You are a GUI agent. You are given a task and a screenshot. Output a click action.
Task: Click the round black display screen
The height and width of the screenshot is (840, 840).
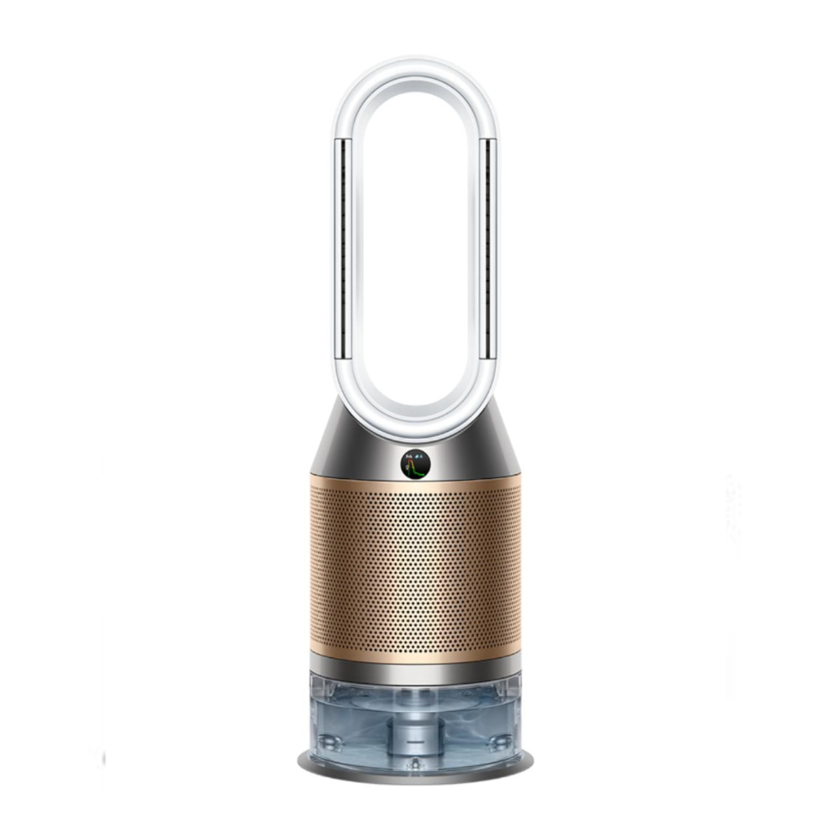coord(415,463)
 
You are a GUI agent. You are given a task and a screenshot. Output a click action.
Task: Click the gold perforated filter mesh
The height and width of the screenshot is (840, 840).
coord(415,567)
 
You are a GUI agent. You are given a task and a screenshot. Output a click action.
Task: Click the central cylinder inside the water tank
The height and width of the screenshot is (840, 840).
coord(415,728)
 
